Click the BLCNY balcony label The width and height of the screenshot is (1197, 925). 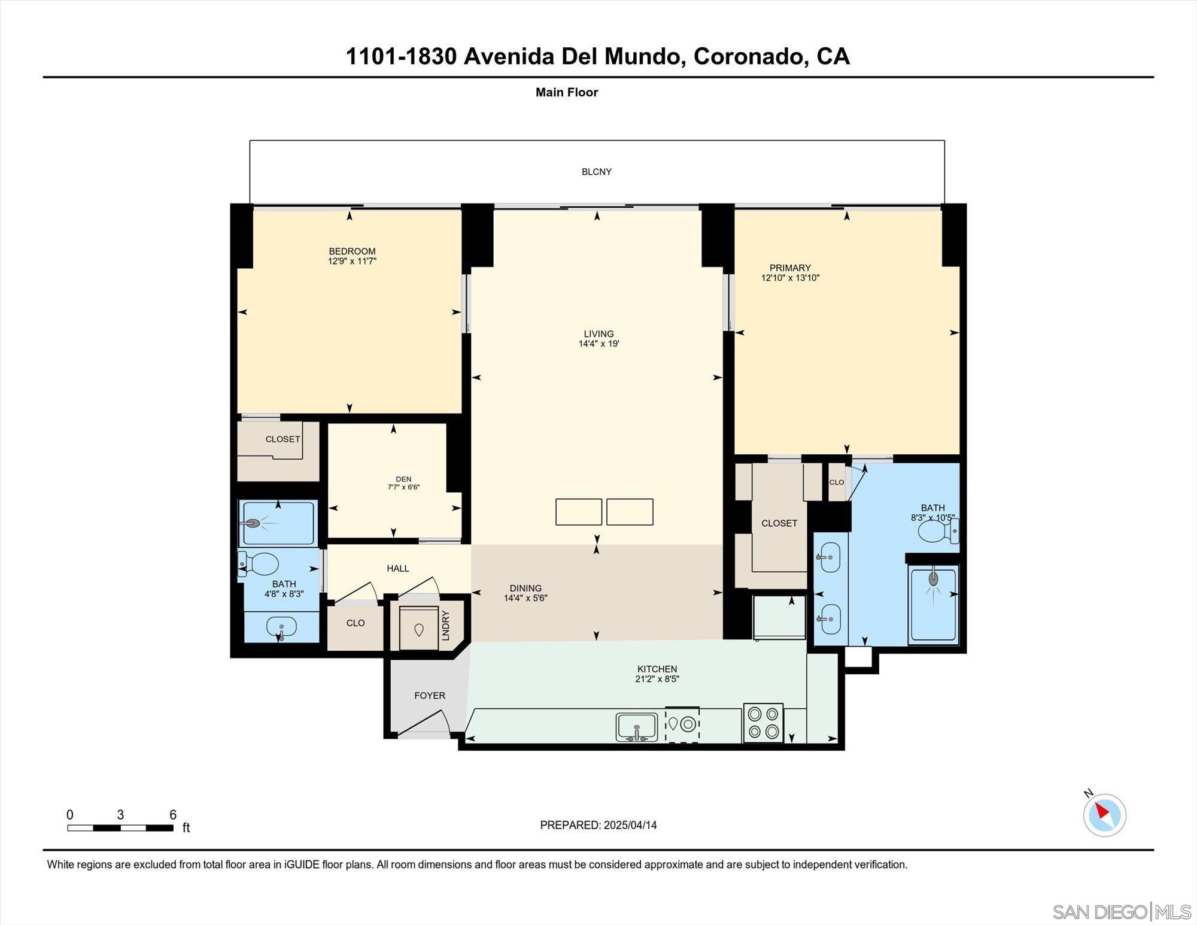click(596, 172)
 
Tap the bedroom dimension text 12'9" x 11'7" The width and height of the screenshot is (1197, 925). click(352, 261)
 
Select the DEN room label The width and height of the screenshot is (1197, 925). click(403, 479)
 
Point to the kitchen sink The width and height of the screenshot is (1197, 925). click(636, 727)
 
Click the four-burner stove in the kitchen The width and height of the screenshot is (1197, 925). click(763, 723)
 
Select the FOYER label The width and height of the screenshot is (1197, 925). click(430, 696)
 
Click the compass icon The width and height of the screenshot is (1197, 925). click(1104, 815)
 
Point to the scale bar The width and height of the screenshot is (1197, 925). click(120, 828)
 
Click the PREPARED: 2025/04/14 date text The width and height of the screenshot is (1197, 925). click(598, 825)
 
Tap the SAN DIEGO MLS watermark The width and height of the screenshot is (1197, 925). click(1122, 912)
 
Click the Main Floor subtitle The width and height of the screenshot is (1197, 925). click(566, 92)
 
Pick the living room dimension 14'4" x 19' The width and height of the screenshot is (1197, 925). click(598, 344)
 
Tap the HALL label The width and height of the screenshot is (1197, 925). click(397, 569)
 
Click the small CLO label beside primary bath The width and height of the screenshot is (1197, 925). click(836, 483)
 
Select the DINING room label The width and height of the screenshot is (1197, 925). click(525, 589)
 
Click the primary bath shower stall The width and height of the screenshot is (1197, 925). click(933, 603)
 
